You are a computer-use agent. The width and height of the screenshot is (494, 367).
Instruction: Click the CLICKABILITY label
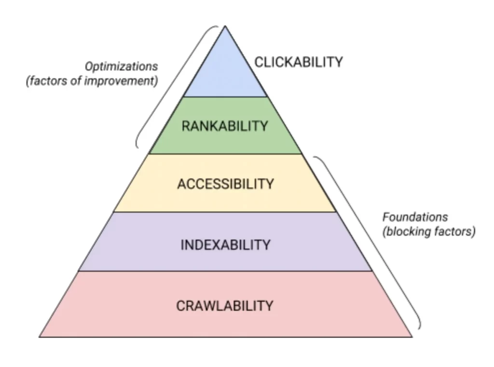298,62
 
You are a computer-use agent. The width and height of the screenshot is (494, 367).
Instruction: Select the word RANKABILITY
225,126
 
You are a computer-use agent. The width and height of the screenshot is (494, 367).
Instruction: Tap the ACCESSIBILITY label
225,184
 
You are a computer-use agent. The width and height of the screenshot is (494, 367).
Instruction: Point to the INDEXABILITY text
225,245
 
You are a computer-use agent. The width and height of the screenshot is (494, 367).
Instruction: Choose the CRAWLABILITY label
225,306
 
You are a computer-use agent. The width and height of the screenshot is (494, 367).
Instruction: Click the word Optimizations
121,67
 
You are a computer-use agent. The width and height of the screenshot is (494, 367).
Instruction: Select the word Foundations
415,217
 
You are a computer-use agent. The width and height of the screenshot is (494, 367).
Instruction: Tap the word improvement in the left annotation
126,81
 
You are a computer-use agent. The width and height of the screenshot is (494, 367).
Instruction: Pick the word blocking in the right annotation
405,231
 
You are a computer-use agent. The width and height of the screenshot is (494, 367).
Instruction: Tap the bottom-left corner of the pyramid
39,337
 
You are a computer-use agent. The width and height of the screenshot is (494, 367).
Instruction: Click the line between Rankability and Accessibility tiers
225,154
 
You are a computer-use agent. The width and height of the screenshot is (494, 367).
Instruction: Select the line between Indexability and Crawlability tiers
225,271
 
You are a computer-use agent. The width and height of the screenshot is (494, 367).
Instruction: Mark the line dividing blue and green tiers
225,96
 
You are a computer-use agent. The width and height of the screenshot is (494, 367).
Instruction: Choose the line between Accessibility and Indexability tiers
225,212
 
